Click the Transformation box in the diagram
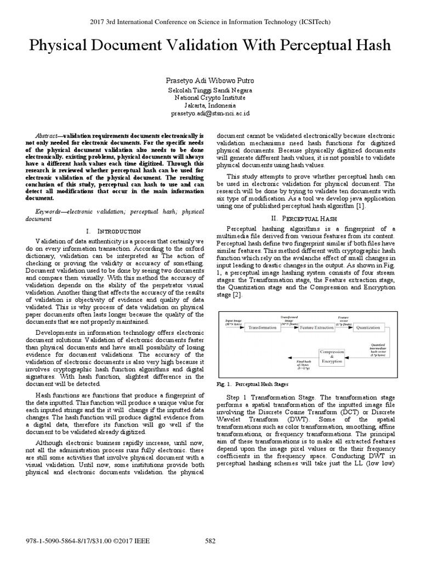pyautogui.click(x=262, y=327)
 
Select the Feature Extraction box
pyautogui.click(x=316, y=327)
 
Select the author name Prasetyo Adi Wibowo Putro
pyautogui.click(x=210, y=81)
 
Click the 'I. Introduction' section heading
pyautogui.click(x=113, y=231)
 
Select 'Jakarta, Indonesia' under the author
pyautogui.click(x=210, y=105)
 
